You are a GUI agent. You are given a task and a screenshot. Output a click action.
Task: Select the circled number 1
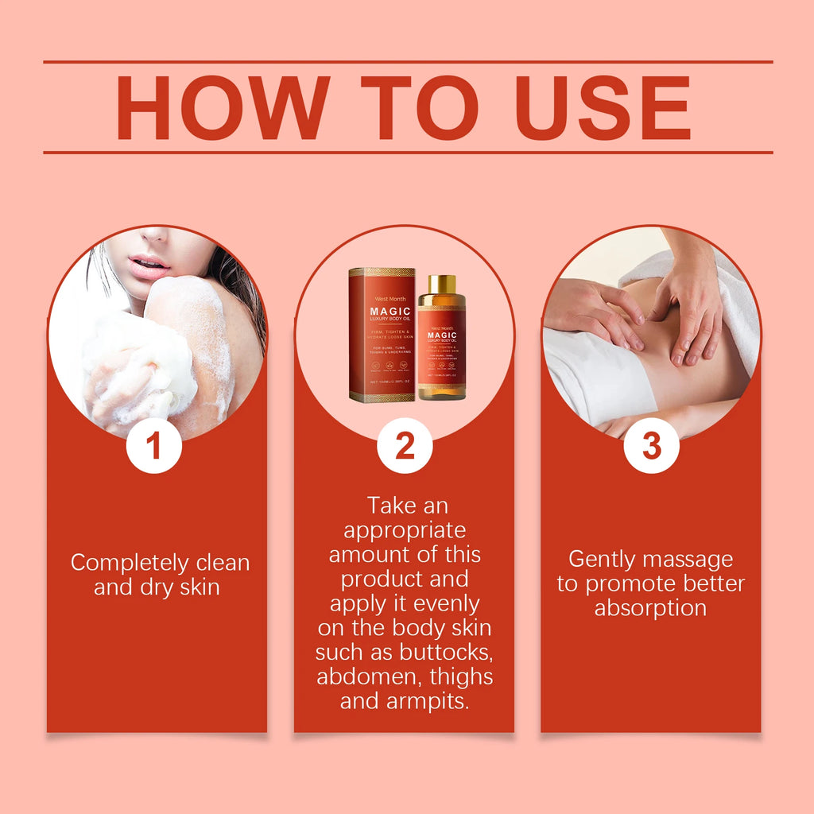tap(154, 446)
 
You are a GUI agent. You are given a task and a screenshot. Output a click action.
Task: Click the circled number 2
tap(405, 446)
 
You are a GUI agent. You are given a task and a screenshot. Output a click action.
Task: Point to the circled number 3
tap(651, 446)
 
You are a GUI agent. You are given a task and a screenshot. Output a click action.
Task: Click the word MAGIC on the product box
tap(382, 311)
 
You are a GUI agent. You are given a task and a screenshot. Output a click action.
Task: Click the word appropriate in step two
tap(405, 529)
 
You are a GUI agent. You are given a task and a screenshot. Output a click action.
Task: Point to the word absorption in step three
tap(650, 609)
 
